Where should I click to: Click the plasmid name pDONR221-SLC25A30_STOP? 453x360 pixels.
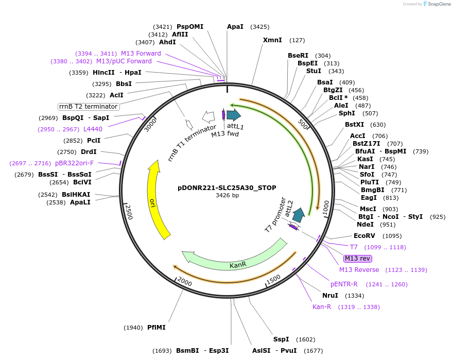pyautogui.click(x=227, y=187)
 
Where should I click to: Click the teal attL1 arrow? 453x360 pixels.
pyautogui.click(x=234, y=115)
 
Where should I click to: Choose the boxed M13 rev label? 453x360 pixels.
pyautogui.click(x=358, y=259)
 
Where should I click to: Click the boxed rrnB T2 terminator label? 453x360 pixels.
pyautogui.click(x=89, y=107)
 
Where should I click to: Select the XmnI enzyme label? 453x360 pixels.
pyautogui.click(x=272, y=40)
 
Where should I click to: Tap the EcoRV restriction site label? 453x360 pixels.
pyautogui.click(x=367, y=236)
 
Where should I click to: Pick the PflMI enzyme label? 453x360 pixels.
pyautogui.click(x=156, y=327)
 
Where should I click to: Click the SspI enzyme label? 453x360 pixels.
pyautogui.click(x=281, y=339)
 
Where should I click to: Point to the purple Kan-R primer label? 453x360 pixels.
pyautogui.click(x=322, y=307)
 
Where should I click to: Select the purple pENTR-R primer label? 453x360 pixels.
pyautogui.click(x=344, y=284)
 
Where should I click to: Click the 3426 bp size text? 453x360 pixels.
pyautogui.click(x=227, y=196)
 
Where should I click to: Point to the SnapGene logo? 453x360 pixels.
pyautogui.click(x=438, y=4)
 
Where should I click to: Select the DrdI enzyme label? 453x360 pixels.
pyautogui.click(x=89, y=152)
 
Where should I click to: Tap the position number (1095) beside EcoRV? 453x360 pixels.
pyautogui.click(x=393, y=236)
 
